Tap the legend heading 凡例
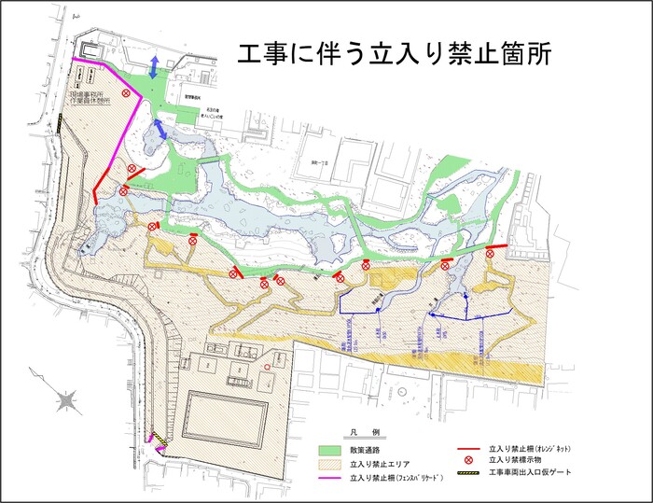click(358, 433)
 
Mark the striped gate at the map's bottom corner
click(160, 440)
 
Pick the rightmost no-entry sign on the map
click(491, 252)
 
